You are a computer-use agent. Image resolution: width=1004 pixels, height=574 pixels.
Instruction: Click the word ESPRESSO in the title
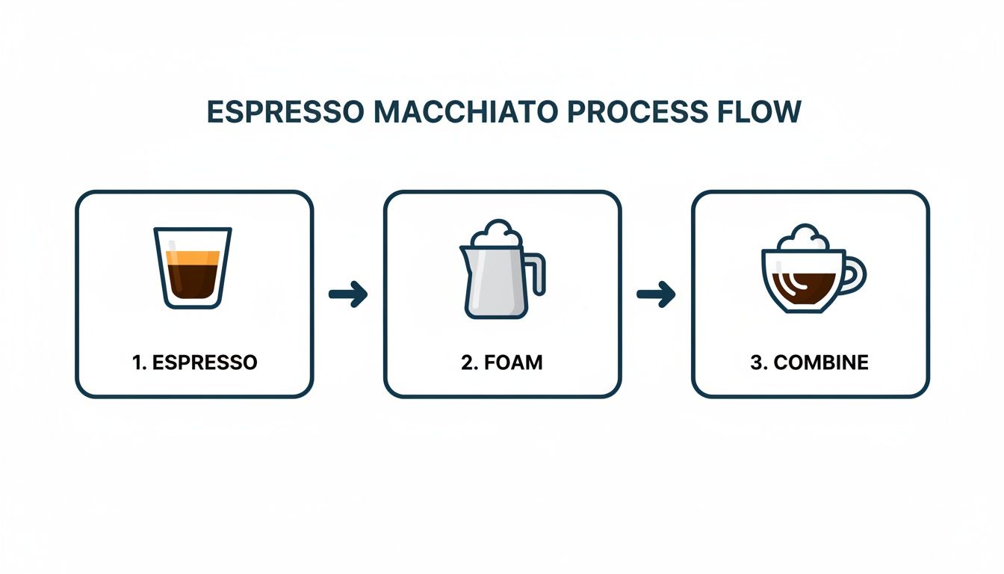coord(286,111)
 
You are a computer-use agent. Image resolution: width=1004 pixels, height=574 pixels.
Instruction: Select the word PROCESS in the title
coord(638,111)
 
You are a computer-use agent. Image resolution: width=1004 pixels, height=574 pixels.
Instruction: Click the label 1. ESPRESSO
coord(194,363)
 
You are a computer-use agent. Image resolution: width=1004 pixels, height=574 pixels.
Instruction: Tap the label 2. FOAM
coord(502,363)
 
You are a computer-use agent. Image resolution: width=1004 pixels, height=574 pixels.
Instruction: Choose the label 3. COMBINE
coord(810,363)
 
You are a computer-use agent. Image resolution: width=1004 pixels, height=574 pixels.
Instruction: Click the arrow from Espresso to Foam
coord(348,294)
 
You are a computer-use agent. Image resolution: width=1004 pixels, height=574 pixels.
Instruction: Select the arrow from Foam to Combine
coord(656,294)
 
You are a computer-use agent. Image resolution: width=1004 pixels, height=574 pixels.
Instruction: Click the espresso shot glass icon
coord(193,267)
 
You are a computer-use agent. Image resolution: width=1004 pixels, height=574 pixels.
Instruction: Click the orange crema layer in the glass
coord(193,258)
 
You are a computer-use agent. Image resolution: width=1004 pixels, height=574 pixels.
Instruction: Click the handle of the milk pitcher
coord(538,274)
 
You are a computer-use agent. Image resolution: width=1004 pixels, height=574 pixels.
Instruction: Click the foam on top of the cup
coord(803,238)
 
